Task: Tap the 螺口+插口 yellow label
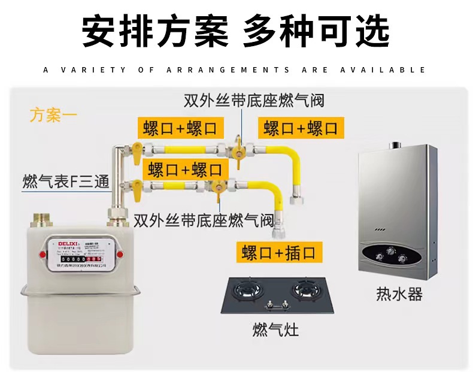[x=278, y=252]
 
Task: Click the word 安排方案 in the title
[x=154, y=31]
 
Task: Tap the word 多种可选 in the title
[x=316, y=31]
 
